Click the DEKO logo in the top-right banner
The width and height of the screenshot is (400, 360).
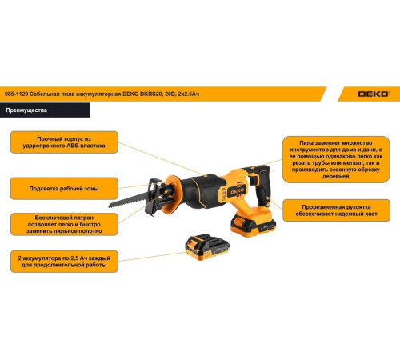(374, 94)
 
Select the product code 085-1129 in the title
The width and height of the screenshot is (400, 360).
(16, 94)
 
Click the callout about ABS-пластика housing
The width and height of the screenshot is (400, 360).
(64, 142)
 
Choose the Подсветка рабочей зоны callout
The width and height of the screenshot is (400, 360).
(64, 189)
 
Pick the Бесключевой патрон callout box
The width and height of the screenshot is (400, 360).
(64, 224)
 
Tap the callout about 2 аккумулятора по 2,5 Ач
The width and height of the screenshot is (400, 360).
(64, 262)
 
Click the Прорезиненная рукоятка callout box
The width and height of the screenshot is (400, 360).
(336, 210)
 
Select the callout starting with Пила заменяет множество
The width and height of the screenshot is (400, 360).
(336, 159)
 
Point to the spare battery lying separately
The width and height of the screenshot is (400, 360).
(207, 247)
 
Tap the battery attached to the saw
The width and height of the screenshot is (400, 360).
(253, 223)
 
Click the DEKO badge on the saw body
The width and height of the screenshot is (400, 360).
(237, 191)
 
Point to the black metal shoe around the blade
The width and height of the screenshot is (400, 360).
(154, 197)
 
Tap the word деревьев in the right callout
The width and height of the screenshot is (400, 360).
(336, 177)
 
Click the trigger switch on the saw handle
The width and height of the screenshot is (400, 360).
(254, 180)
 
